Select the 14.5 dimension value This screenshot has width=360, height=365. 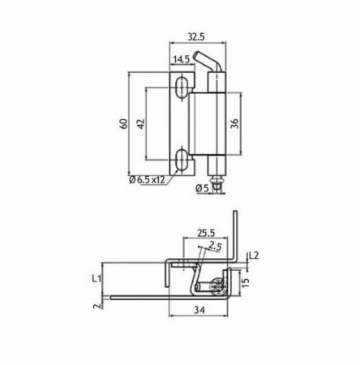coord(182,60)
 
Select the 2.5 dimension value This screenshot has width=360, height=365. coord(214,245)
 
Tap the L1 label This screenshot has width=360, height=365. coord(96,278)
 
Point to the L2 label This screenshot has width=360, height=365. coord(253,255)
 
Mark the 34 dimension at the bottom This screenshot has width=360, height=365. coord(199,308)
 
